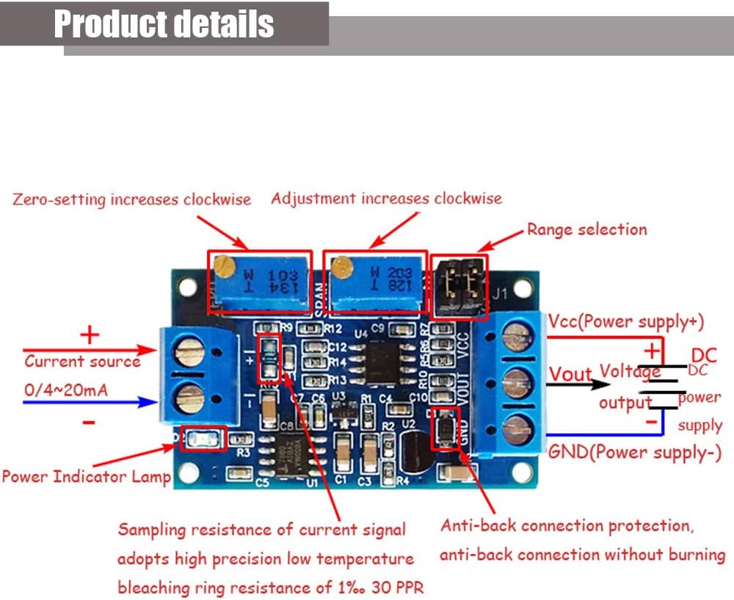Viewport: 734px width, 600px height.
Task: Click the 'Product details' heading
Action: pos(164,24)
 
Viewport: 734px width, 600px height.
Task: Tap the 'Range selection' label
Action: pos(586,230)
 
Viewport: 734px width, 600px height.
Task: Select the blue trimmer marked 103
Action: pos(260,280)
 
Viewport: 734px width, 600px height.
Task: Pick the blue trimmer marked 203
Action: pos(376,282)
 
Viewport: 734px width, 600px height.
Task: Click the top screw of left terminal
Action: pos(189,354)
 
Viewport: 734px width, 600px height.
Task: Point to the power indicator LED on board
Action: pos(199,439)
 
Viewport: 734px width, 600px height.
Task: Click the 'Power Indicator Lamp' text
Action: pos(86,477)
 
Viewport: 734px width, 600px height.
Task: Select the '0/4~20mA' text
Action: pos(66,389)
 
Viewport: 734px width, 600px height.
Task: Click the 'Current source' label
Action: pos(82,361)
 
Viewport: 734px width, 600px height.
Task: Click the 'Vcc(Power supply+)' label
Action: pos(626,321)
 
